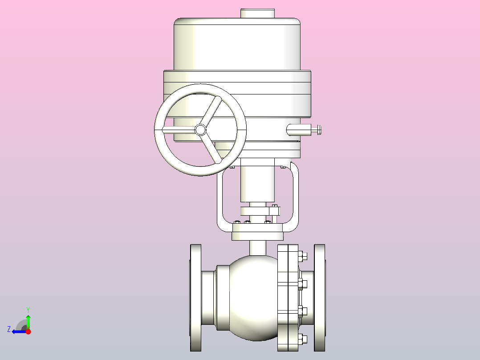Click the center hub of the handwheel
click(x=200, y=130)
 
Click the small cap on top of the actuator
click(x=257, y=13)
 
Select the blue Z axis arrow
click(x=19, y=331)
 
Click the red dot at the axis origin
click(x=28, y=331)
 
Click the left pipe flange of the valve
click(x=196, y=298)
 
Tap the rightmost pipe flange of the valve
click(x=320, y=298)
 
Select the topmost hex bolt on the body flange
click(x=302, y=256)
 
